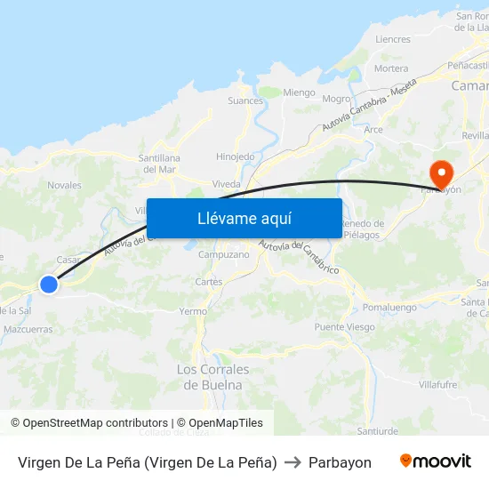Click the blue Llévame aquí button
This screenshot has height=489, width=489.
tap(244, 218)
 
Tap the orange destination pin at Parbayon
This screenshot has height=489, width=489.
tap(440, 172)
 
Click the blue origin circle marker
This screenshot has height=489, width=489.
tap(49, 284)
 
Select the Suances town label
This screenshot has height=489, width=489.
tap(245, 101)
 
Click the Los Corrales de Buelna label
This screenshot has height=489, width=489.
tap(213, 377)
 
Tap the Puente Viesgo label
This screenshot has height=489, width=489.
tap(344, 327)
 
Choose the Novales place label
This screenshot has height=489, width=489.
tap(64, 186)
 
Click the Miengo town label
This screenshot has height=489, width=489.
tap(299, 92)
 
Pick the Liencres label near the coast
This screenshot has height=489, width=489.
tap(393, 40)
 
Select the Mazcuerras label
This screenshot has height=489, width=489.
tap(28, 329)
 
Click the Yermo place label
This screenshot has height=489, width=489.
tap(193, 312)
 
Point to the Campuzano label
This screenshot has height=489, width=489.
tap(223, 254)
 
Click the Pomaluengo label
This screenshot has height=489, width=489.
tap(390, 308)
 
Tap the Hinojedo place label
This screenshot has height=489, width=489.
tap(236, 156)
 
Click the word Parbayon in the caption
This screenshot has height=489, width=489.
tap(340, 462)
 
